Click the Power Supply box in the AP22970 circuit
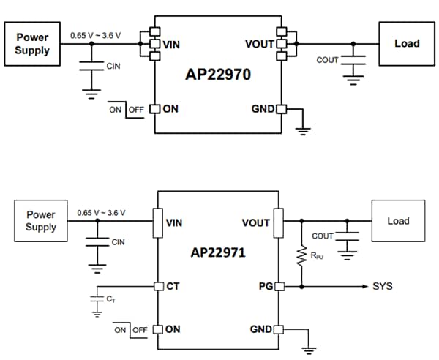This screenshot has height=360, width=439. coord(31,44)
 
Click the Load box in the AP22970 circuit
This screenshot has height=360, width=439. coord(406,43)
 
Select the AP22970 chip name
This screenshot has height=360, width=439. coord(217,75)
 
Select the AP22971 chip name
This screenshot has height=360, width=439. coord(217,252)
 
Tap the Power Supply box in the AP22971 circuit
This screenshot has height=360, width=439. coord(41,221)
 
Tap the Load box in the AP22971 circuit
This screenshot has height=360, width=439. coord(398,221)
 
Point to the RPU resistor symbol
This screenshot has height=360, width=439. coord(301,255)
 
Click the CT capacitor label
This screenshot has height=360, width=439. coord(110,299)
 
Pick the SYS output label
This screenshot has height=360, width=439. coord(383,286)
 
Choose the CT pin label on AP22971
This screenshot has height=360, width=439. coord(173,286)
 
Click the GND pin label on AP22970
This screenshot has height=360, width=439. coord(262,110)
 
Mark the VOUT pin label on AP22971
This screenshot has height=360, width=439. coord(256,222)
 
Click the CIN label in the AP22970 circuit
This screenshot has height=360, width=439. coord(113,67)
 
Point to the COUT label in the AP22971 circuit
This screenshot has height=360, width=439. coord(322,236)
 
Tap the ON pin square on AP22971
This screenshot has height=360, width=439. coord(157,329)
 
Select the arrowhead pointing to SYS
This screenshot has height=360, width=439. coord(365,286)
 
